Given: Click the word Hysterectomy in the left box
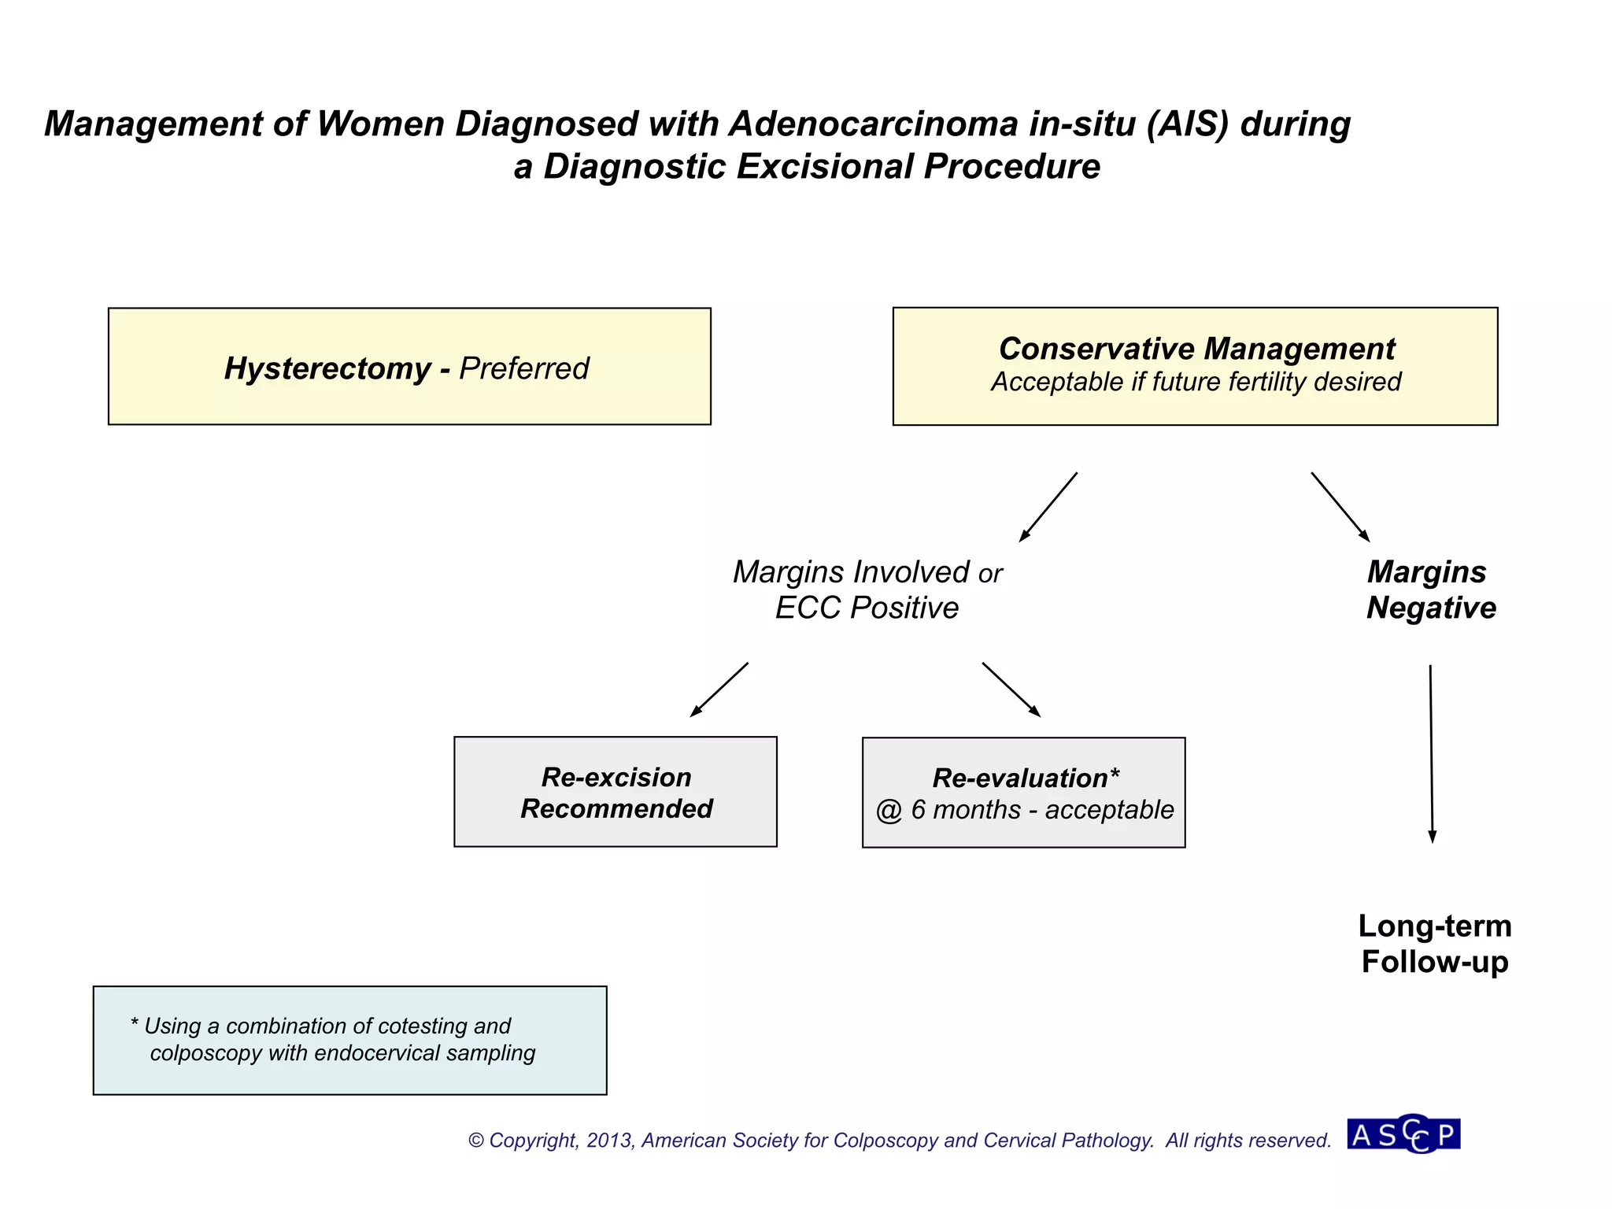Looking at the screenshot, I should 327,368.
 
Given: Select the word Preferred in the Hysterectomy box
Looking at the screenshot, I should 524,368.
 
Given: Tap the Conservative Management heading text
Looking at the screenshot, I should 1196,349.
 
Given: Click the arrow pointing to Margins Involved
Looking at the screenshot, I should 1048,508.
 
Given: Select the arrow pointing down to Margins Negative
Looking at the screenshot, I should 1340,508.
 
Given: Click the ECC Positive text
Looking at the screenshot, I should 867,608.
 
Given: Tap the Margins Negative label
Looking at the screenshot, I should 1430,590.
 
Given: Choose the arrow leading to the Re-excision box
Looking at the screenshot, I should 719,690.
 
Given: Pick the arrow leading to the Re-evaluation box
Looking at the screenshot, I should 1011,690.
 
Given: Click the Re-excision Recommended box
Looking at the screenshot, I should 616,793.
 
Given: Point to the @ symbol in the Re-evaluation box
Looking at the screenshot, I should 889,811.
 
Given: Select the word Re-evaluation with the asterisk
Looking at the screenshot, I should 1025,778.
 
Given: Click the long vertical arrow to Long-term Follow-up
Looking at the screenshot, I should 1431,754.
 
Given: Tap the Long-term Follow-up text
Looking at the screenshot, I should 1434,944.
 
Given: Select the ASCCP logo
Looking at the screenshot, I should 1403,1135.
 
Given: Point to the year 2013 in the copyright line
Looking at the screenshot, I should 609,1141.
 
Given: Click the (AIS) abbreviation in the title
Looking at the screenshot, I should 1187,124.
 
